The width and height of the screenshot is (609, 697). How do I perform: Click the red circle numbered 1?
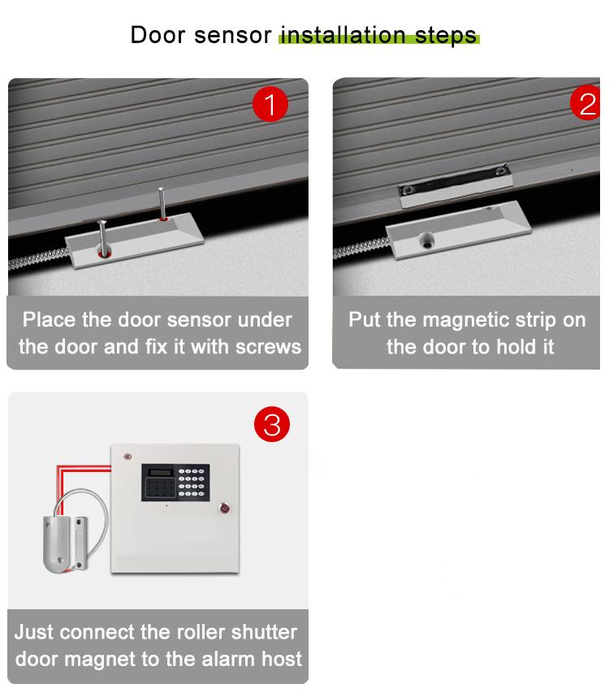[270, 106]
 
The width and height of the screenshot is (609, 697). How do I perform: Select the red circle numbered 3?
[272, 425]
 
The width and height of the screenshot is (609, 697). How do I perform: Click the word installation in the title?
[342, 36]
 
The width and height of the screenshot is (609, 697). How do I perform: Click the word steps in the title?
[445, 36]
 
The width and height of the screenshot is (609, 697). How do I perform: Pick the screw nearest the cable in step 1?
[103, 236]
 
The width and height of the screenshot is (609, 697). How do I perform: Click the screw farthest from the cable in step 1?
[162, 203]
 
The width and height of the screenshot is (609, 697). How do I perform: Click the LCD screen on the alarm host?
[158, 473]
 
